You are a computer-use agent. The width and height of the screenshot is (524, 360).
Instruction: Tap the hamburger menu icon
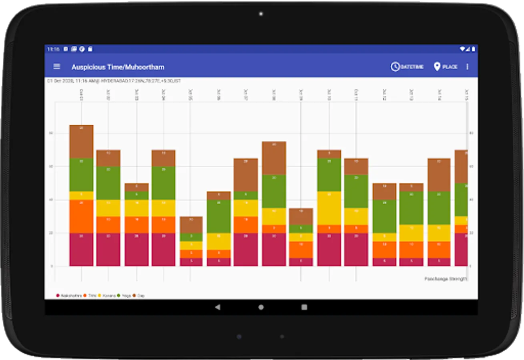57,66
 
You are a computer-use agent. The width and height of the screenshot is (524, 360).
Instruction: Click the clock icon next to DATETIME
395,67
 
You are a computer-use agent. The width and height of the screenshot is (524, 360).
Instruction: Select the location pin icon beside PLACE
437,67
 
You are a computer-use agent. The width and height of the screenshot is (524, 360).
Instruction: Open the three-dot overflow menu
467,67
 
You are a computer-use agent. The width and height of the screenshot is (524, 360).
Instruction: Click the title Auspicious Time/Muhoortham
118,67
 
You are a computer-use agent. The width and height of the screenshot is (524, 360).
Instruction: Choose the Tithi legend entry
90,296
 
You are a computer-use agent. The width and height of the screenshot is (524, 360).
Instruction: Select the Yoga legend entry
124,296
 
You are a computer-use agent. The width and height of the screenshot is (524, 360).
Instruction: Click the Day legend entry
139,296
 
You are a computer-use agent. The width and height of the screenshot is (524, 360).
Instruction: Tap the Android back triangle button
217,307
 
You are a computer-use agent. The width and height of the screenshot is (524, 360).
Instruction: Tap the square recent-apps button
304,307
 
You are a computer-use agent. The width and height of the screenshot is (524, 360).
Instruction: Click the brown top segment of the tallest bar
81,142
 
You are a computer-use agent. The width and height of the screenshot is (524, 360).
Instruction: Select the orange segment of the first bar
81,216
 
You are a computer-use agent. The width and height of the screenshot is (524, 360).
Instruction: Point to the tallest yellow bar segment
329,208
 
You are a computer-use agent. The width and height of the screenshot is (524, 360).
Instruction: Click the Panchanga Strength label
446,279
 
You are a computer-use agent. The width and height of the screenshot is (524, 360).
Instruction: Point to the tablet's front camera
261,14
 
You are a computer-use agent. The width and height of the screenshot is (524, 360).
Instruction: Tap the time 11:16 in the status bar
53,49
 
